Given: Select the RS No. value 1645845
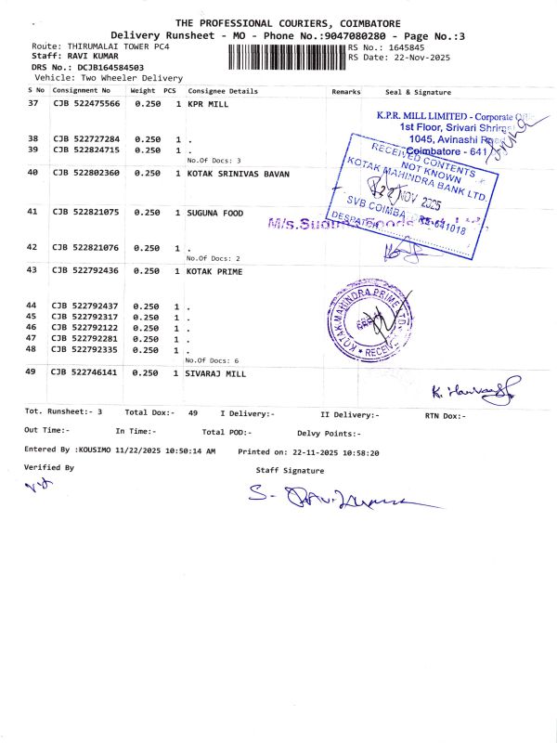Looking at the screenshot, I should click(x=406, y=46).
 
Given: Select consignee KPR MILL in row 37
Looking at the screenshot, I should click(x=208, y=105).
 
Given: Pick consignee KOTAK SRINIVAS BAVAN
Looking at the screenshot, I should click(x=239, y=174).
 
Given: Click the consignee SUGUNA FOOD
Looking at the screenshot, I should click(x=215, y=214).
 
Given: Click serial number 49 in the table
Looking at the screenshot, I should click(x=33, y=371).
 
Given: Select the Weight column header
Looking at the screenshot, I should click(x=142, y=92).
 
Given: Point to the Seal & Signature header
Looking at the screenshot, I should click(x=418, y=92).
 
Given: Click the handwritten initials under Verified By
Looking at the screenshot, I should click(x=35, y=487).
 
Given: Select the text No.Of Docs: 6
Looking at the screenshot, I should click(x=213, y=359).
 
